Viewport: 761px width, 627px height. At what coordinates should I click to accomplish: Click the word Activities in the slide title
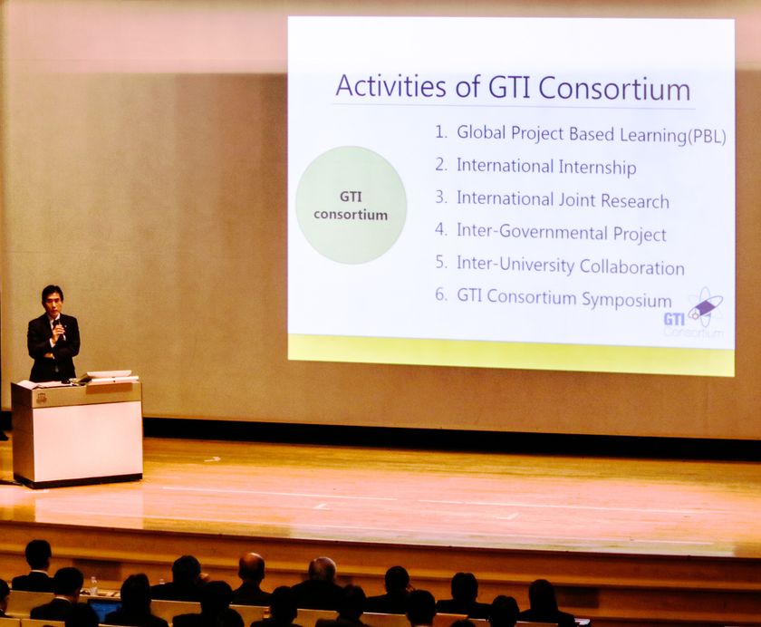click(390, 86)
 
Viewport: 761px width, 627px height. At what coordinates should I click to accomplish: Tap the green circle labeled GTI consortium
click(351, 206)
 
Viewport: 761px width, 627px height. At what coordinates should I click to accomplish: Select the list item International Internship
click(546, 167)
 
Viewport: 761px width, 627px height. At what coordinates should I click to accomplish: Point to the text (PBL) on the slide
click(708, 137)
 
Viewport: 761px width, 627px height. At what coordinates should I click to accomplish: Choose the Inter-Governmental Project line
click(561, 233)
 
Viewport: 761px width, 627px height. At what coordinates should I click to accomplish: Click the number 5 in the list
click(440, 262)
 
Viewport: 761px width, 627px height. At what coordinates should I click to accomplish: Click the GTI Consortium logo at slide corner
click(694, 313)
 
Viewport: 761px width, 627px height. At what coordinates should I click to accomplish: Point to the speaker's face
click(52, 303)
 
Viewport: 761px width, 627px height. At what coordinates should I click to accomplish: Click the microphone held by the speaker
click(58, 326)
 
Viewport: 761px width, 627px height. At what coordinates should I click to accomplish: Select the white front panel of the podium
click(87, 441)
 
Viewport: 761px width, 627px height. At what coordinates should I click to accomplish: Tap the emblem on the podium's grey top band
click(42, 398)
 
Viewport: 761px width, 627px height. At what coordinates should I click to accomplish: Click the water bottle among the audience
click(92, 585)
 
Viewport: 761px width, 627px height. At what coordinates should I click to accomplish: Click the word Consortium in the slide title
click(614, 89)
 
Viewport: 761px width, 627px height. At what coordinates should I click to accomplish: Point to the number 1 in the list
click(440, 131)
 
